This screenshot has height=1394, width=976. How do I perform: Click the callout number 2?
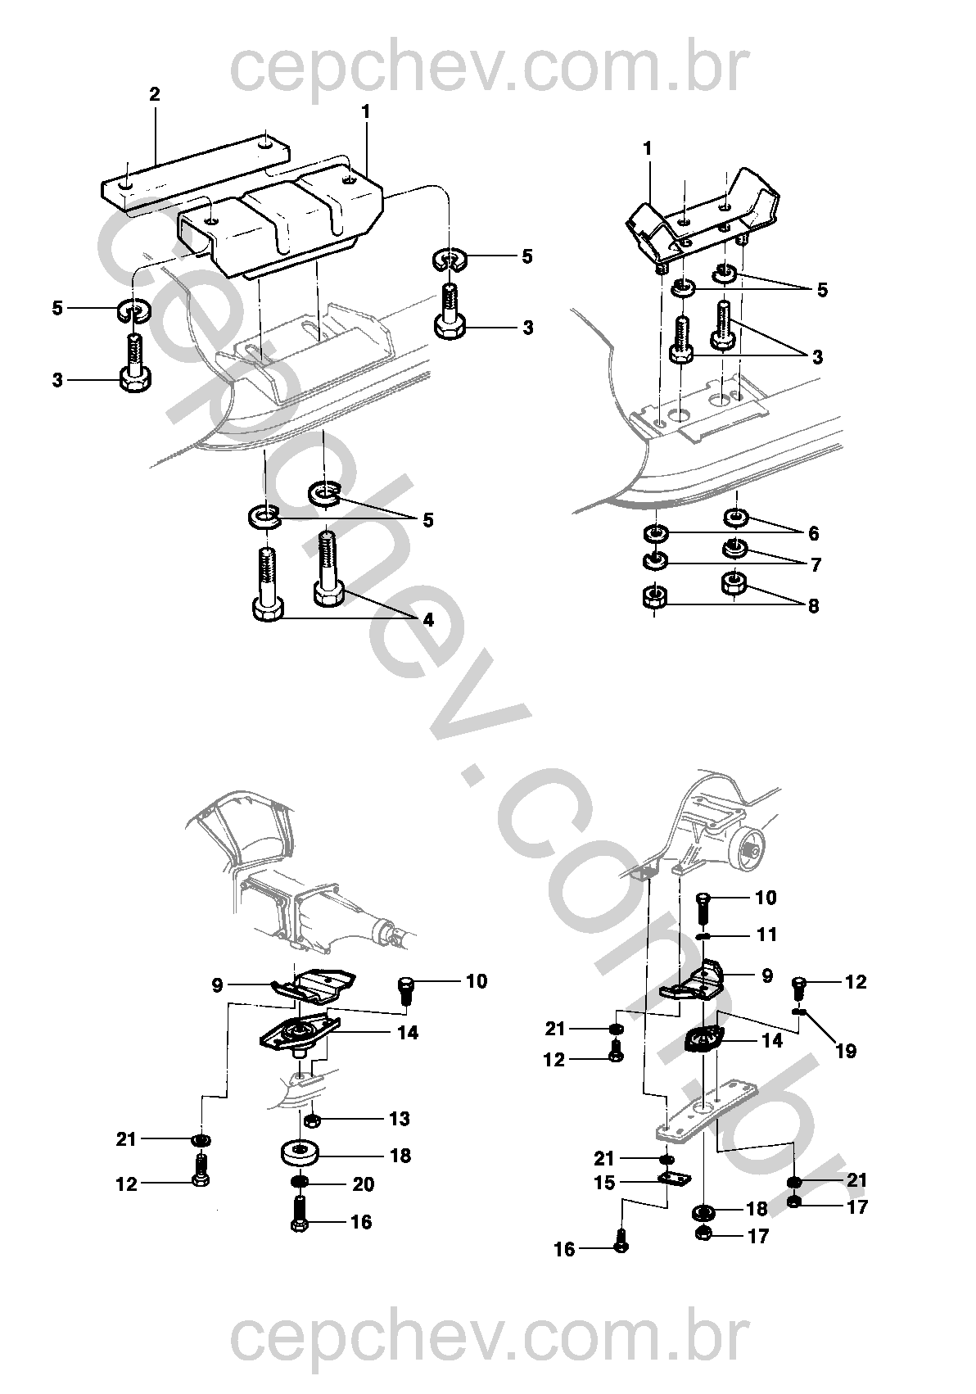point(154,94)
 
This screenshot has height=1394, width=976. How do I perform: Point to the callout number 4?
point(428,620)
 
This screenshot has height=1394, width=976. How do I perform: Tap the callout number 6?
point(813,533)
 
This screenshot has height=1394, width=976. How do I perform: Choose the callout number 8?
point(813,607)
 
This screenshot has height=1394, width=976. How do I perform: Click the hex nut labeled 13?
point(312,1120)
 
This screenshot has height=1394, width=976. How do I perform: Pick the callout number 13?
point(400,1119)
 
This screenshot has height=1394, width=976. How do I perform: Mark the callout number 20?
point(364,1184)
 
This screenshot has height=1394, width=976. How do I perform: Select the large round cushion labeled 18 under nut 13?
point(300,1154)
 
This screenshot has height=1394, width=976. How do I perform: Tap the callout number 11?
point(767,935)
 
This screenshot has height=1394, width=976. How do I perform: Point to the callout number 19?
point(846,1051)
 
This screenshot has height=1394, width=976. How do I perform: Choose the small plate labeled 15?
point(676,1179)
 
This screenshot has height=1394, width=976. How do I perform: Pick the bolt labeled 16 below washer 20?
point(299,1224)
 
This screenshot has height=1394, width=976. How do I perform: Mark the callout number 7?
point(816,564)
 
